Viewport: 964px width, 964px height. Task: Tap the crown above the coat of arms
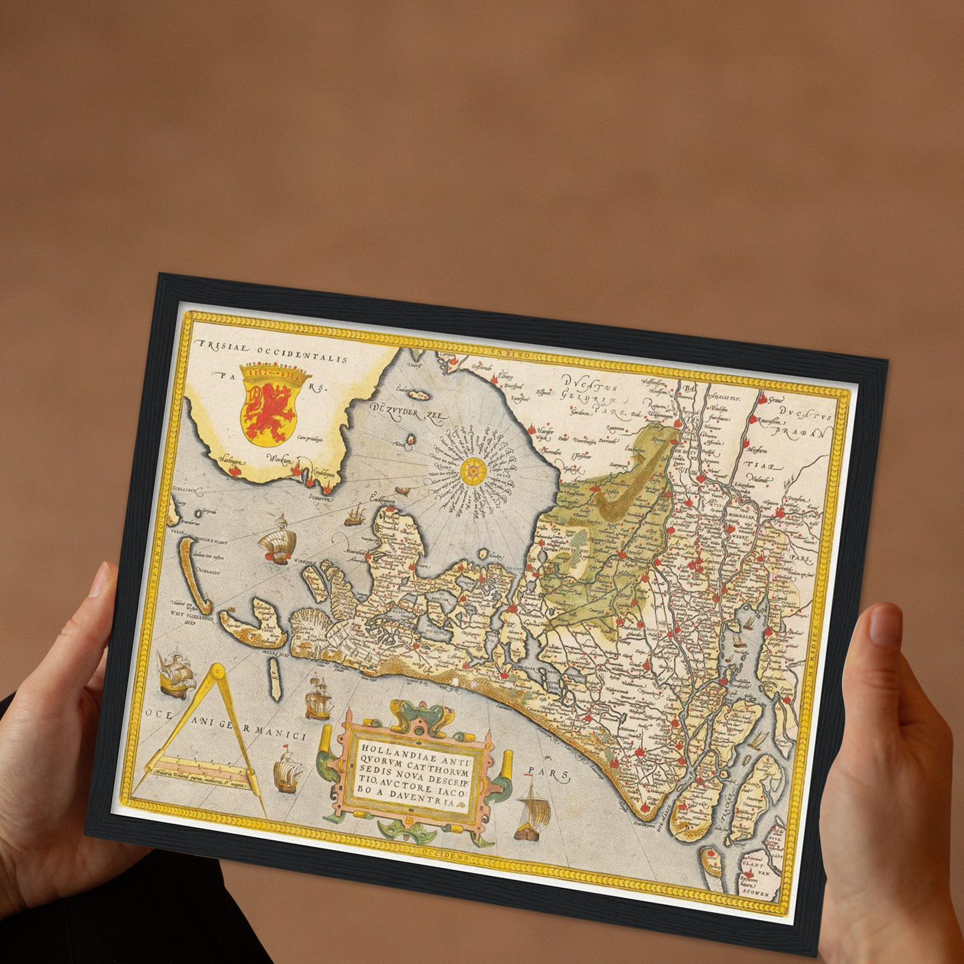(x=274, y=370)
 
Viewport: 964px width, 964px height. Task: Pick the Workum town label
(x=279, y=458)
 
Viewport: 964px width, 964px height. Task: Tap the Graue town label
(x=775, y=401)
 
